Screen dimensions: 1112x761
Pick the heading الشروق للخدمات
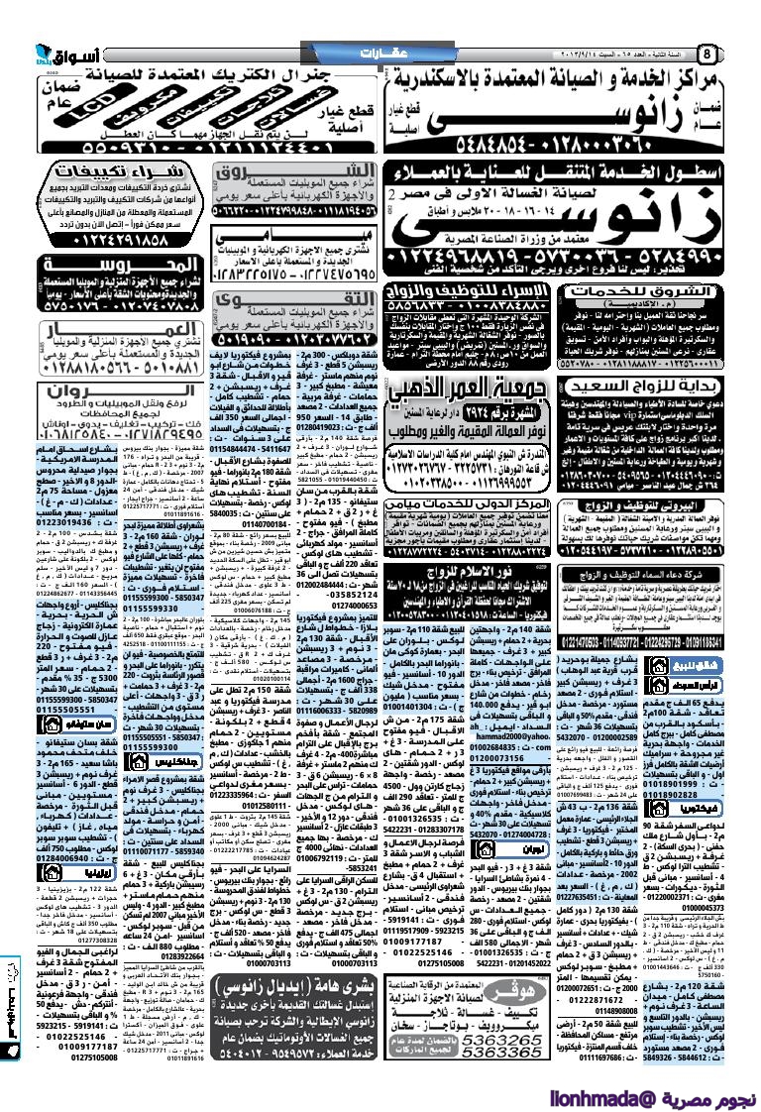pyautogui.click(x=652, y=292)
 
